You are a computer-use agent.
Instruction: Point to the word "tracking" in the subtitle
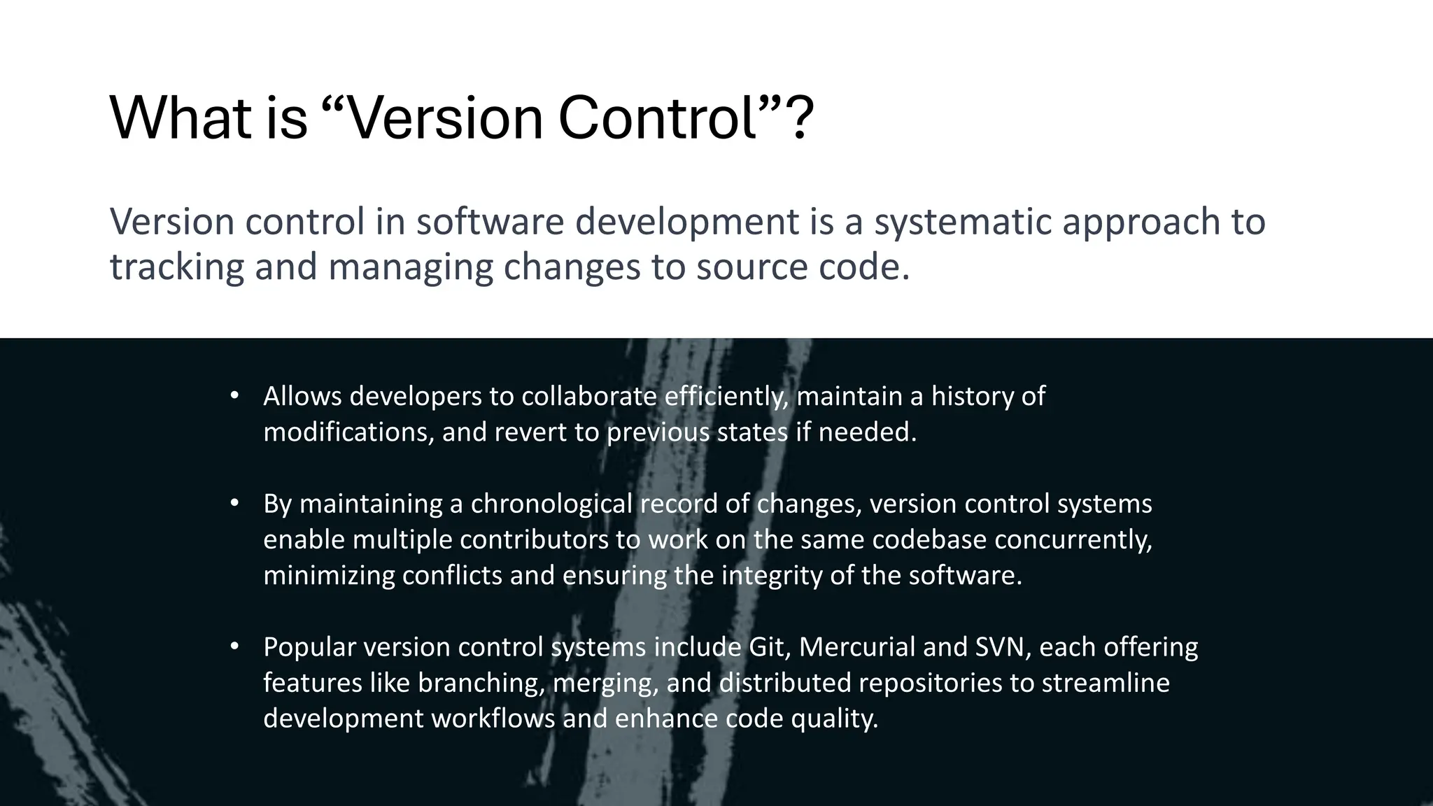pyautogui.click(x=176, y=268)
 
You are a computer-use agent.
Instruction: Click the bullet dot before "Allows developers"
pyautogui.click(x=235, y=395)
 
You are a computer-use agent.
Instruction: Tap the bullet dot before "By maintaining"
pyautogui.click(x=235, y=502)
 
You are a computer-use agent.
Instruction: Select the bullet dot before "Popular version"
pyautogui.click(x=235, y=646)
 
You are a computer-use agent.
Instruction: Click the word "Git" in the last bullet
pyautogui.click(x=768, y=647)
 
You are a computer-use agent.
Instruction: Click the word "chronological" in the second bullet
pyautogui.click(x=551, y=504)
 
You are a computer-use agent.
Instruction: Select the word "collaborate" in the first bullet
pyautogui.click(x=588, y=397)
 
